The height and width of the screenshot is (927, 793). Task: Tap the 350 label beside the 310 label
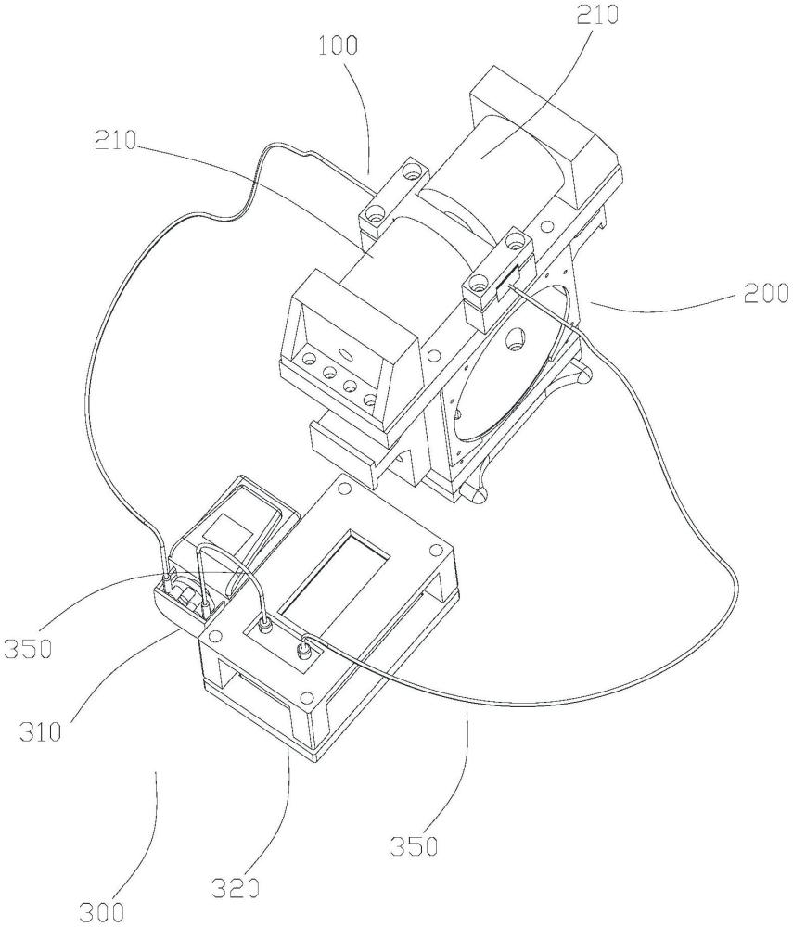(27, 646)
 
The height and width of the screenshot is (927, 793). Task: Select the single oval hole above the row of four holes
(341, 352)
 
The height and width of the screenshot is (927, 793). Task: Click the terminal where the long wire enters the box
(302, 650)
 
